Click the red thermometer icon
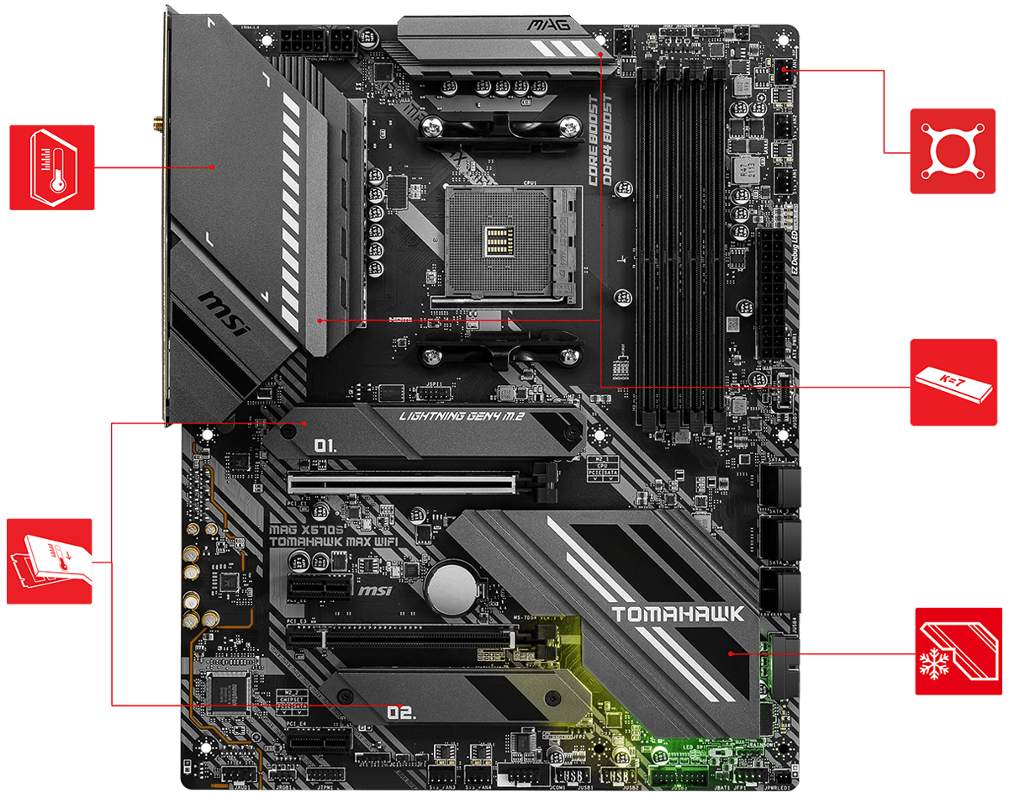[x=52, y=167]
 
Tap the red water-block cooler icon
[x=952, y=151]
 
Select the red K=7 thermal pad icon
[x=952, y=383]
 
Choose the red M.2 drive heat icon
[x=49, y=561]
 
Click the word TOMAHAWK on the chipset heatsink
[x=678, y=614]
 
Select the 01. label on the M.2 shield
[x=325, y=445]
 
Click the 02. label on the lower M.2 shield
[x=401, y=713]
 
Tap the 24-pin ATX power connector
[x=769, y=294]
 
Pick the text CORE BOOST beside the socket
[x=594, y=139]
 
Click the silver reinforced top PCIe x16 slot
[x=402, y=484]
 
